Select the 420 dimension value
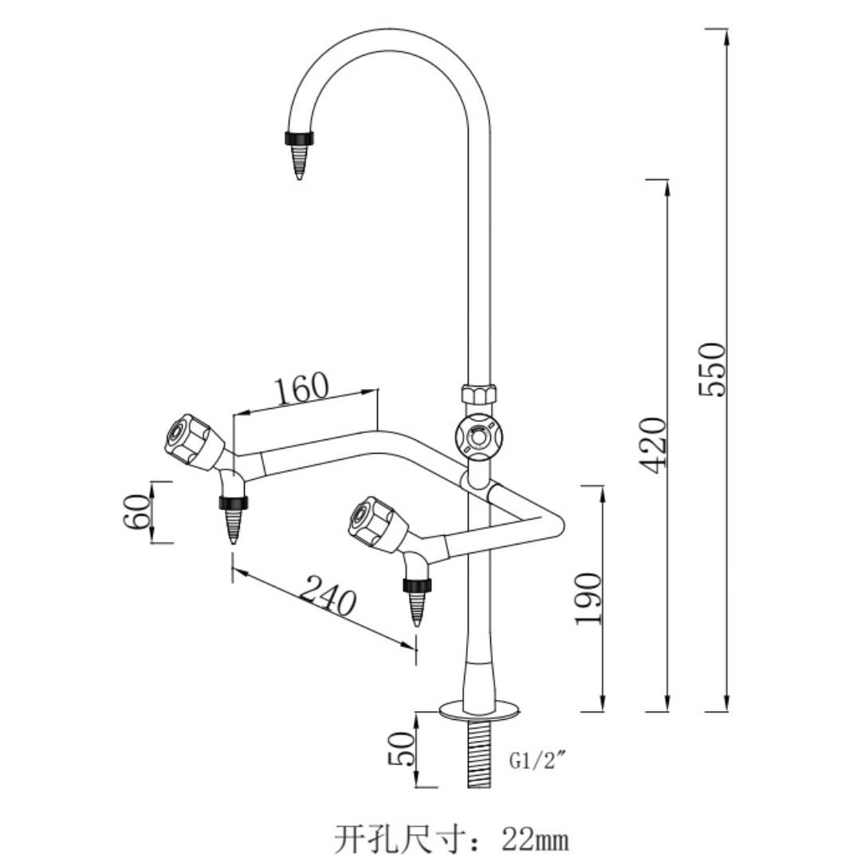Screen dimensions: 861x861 pyautogui.click(x=654, y=445)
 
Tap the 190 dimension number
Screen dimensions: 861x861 pyautogui.click(x=588, y=598)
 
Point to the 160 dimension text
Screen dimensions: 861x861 pyautogui.click(x=302, y=387)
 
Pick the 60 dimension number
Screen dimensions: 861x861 pyautogui.click(x=136, y=511)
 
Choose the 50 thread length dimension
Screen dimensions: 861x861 pyautogui.click(x=401, y=749)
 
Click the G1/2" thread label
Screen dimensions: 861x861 pyautogui.click(x=537, y=761)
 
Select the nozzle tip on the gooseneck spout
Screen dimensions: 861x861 pyautogui.click(x=299, y=162)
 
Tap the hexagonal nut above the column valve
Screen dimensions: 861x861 pyautogui.click(x=479, y=394)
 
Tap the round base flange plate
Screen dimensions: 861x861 pyautogui.click(x=479, y=709)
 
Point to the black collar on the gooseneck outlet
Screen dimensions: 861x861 pyautogui.click(x=299, y=138)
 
